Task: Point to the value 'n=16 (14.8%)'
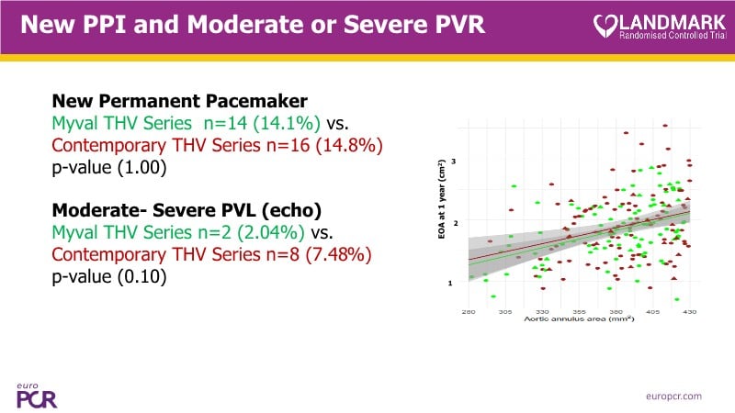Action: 304,146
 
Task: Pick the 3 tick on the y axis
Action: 453,162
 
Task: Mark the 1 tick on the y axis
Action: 453,283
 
